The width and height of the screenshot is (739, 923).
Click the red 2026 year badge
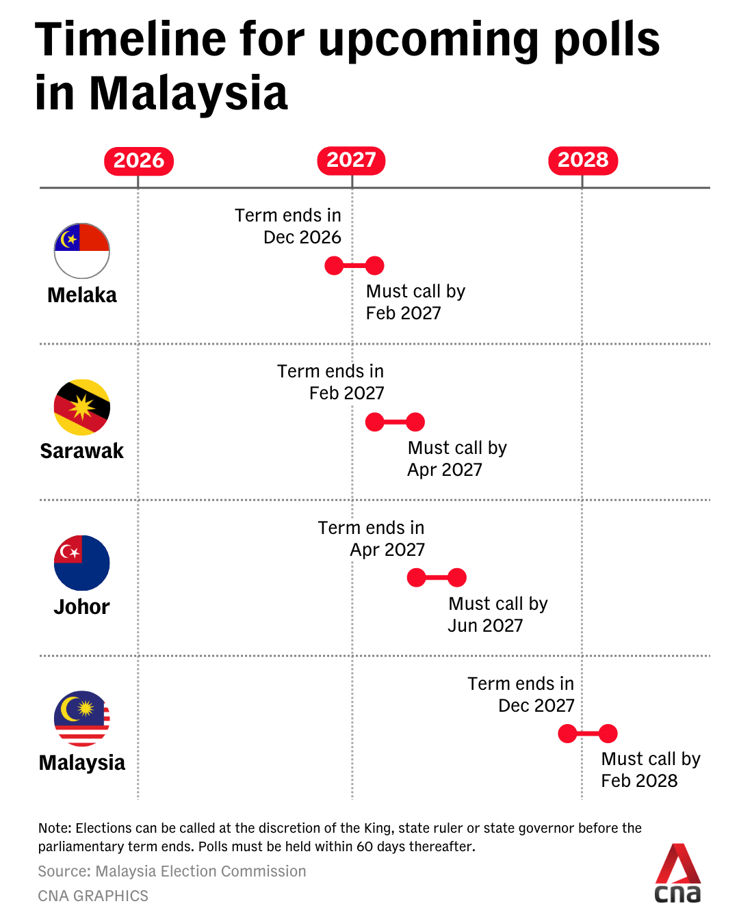click(139, 161)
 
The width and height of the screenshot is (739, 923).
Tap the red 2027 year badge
click(351, 160)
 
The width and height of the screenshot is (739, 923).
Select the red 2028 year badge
click(583, 160)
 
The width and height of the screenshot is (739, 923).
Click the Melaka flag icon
click(82, 250)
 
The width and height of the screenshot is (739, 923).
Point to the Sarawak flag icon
click(82, 407)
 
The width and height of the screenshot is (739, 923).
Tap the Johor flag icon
click(82, 563)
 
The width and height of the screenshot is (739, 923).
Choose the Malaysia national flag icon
click(82, 718)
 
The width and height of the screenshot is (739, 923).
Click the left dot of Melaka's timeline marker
click(334, 265)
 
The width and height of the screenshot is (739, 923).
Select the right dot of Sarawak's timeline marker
click(415, 422)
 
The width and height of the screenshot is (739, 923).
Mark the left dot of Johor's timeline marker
click(416, 578)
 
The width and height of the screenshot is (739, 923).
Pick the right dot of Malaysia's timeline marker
click(608, 734)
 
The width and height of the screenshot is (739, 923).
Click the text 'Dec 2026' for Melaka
click(302, 237)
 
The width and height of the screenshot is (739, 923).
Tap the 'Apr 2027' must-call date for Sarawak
click(445, 470)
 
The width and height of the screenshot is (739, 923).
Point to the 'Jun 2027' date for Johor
click(485, 626)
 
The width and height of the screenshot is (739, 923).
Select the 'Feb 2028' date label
click(639, 781)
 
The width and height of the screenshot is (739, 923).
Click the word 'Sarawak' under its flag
click(82, 451)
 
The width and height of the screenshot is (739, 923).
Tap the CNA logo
click(677, 874)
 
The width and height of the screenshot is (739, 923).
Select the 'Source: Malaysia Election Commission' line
click(172, 871)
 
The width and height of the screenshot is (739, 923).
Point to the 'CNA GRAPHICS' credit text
click(93, 896)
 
